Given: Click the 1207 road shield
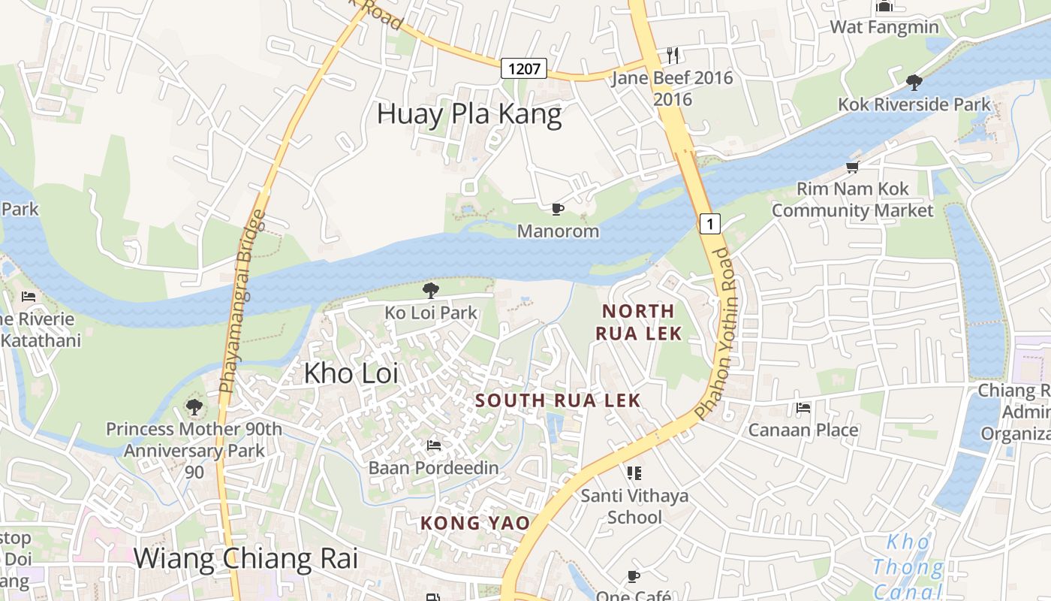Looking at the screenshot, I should pyautogui.click(x=524, y=69).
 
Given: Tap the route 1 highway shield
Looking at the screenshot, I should pyautogui.click(x=709, y=223).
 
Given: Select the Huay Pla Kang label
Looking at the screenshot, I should pyautogui.click(x=469, y=114).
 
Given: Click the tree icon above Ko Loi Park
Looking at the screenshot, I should pyautogui.click(x=431, y=290).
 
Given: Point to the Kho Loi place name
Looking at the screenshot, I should pyautogui.click(x=351, y=373).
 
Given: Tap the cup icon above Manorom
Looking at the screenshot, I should pyautogui.click(x=557, y=209).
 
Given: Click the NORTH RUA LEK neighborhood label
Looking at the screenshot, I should pyautogui.click(x=638, y=322).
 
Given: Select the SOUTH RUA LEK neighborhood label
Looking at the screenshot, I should pyautogui.click(x=558, y=400).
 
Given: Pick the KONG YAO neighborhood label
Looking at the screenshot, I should pyautogui.click(x=474, y=523).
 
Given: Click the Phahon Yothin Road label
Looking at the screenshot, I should pyautogui.click(x=713, y=334).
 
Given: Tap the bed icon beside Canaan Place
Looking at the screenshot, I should pyautogui.click(x=803, y=409).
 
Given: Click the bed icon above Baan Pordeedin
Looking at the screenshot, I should pyautogui.click(x=434, y=445).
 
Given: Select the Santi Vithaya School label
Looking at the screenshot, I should pyautogui.click(x=634, y=506).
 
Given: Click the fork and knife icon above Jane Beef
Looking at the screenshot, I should pyautogui.click(x=673, y=56).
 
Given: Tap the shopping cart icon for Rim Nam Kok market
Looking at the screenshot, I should pyautogui.click(x=852, y=167).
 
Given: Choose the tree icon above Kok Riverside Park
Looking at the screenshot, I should pyautogui.click(x=914, y=82).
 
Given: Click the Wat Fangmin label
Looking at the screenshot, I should pyautogui.click(x=884, y=27).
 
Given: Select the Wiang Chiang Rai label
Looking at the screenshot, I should pyautogui.click(x=245, y=559).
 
